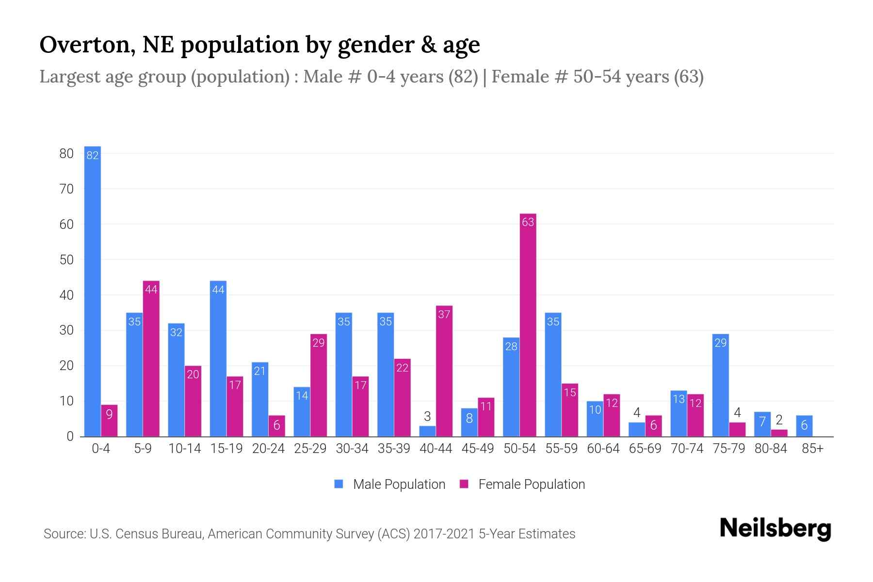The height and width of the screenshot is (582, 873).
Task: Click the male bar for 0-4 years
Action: (x=92, y=291)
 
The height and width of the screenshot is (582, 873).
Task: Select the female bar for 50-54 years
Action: (x=528, y=325)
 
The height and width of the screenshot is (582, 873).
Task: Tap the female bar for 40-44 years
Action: (x=444, y=371)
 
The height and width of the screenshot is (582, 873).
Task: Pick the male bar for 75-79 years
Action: (x=720, y=386)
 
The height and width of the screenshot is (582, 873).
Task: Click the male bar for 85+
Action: (x=804, y=426)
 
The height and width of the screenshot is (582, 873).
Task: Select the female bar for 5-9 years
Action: (x=151, y=359)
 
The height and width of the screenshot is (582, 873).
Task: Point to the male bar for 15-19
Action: (x=218, y=359)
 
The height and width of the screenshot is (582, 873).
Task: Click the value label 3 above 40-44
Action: (x=427, y=417)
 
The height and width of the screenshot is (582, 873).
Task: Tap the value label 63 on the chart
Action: (x=528, y=222)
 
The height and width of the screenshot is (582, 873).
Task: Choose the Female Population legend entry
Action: (x=522, y=484)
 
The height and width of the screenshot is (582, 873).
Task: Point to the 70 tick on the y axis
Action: (x=66, y=189)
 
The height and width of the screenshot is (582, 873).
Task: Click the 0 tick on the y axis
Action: (x=70, y=436)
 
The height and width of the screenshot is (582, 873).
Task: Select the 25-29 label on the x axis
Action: (x=310, y=449)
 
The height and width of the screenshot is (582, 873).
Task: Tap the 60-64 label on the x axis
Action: (x=603, y=449)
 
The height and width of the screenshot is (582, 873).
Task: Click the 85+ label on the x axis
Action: (x=812, y=449)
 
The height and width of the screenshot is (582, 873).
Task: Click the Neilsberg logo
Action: (x=775, y=529)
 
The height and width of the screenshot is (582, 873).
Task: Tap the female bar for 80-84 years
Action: (x=779, y=433)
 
